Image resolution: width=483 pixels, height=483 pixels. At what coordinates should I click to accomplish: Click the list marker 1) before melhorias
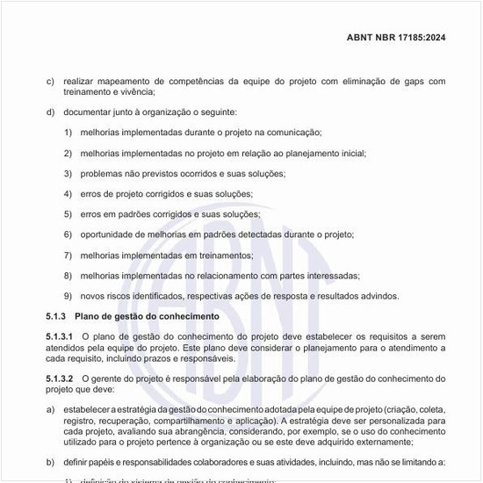pyautogui.click(x=68, y=133)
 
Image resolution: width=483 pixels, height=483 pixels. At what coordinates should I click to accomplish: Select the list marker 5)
pyautogui.click(x=68, y=214)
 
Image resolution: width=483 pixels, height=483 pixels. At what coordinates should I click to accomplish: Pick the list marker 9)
pyautogui.click(x=68, y=296)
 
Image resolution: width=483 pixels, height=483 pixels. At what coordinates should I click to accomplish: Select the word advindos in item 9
pyautogui.click(x=379, y=296)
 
